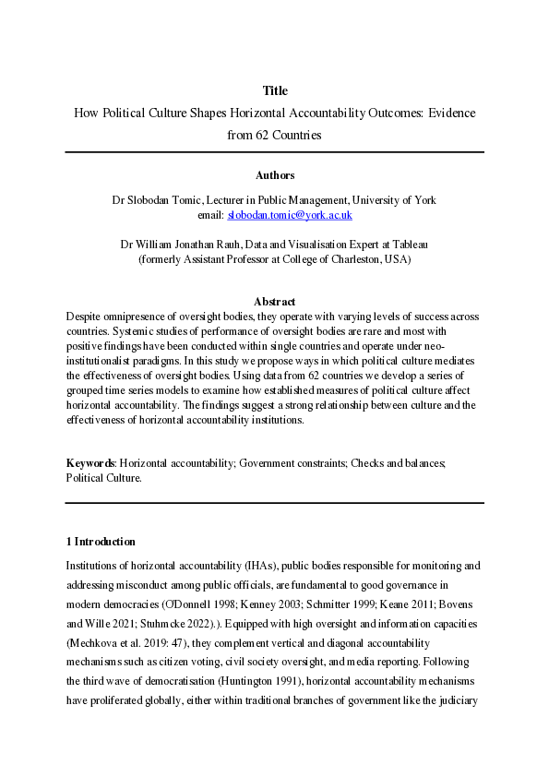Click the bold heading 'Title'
coord(274,90)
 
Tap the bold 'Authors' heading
coord(274,174)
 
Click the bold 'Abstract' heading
coord(274,302)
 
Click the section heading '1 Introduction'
coord(101,542)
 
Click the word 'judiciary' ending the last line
coord(461,686)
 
